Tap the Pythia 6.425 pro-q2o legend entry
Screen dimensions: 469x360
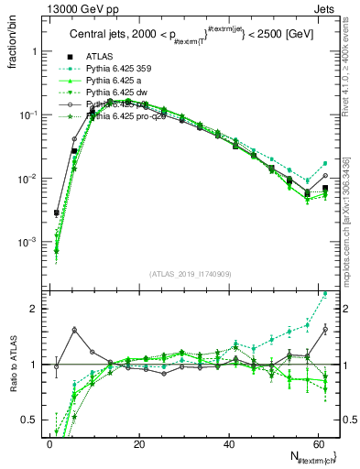118,116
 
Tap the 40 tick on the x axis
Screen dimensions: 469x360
228,444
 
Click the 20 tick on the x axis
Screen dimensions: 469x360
139,444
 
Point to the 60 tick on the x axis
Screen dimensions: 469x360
317,444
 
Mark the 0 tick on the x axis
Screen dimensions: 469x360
49,444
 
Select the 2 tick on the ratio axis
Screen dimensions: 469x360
35,309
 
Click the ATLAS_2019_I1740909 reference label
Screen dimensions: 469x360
188,273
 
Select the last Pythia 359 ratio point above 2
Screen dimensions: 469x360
326,293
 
